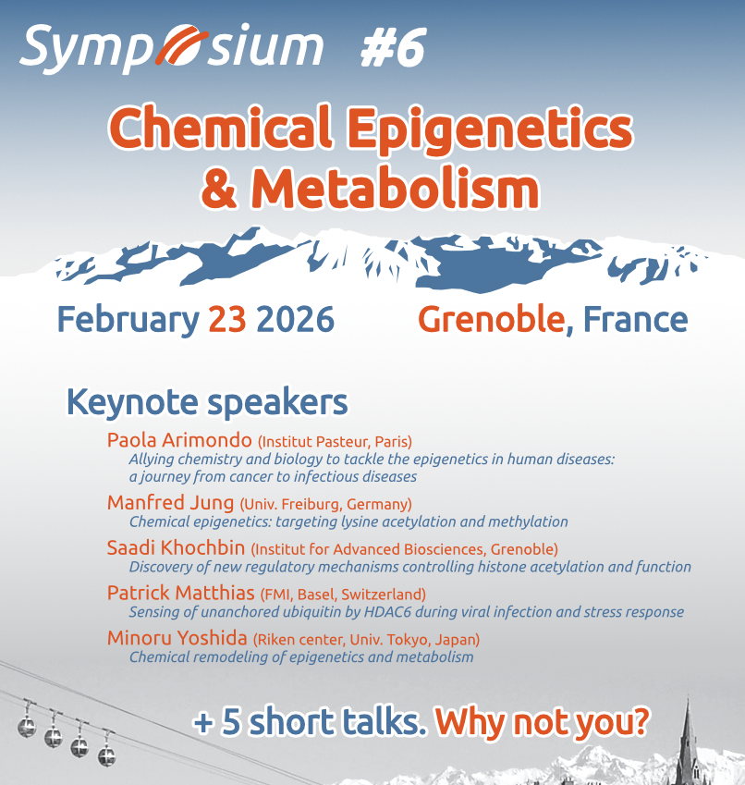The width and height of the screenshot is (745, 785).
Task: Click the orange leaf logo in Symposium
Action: (181, 44)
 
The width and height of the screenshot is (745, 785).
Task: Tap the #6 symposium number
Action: (393, 47)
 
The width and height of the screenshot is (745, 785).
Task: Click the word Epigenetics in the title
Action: (490, 129)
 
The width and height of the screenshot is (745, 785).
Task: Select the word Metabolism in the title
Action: (396, 189)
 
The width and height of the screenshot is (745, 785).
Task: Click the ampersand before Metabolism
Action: (220, 189)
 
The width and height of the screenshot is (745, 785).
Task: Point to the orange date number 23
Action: (227, 319)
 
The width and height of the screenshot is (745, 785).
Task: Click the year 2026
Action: (295, 319)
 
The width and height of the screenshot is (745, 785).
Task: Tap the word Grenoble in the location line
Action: (491, 319)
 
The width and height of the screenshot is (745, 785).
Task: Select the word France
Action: (635, 319)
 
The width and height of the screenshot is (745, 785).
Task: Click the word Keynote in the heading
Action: (132, 403)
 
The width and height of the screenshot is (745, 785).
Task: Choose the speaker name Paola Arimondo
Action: (179, 440)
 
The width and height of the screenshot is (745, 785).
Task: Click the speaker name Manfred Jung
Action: (171, 503)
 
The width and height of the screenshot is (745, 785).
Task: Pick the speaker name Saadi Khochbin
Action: (176, 547)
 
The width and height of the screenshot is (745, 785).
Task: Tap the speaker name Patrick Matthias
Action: (180, 593)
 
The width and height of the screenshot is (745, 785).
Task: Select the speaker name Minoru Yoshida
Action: (177, 638)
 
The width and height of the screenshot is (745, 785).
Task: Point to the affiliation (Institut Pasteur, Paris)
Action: (335, 442)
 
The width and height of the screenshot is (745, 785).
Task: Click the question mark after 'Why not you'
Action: (641, 721)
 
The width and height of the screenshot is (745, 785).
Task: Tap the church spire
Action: (688, 741)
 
